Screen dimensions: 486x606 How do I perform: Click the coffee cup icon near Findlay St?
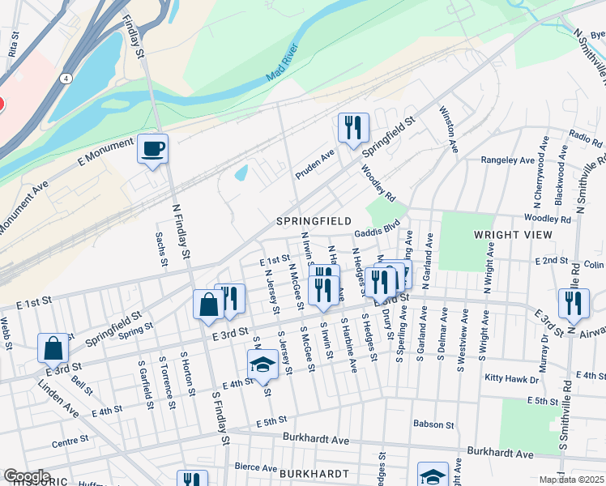click(x=152, y=149)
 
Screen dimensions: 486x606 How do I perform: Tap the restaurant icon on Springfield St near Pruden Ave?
click(x=353, y=128)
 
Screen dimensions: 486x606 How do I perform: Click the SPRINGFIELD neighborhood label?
click(x=314, y=221)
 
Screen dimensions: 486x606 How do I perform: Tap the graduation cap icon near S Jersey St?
click(x=262, y=364)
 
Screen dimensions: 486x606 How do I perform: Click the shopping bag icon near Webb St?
click(x=53, y=347)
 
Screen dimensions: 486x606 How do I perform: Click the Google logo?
click(x=27, y=475)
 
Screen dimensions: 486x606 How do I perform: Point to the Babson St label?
click(x=433, y=424)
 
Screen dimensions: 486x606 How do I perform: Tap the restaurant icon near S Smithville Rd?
click(x=574, y=303)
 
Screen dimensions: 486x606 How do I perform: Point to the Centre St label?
click(x=70, y=441)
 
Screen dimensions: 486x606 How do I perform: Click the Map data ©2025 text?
click(x=572, y=480)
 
